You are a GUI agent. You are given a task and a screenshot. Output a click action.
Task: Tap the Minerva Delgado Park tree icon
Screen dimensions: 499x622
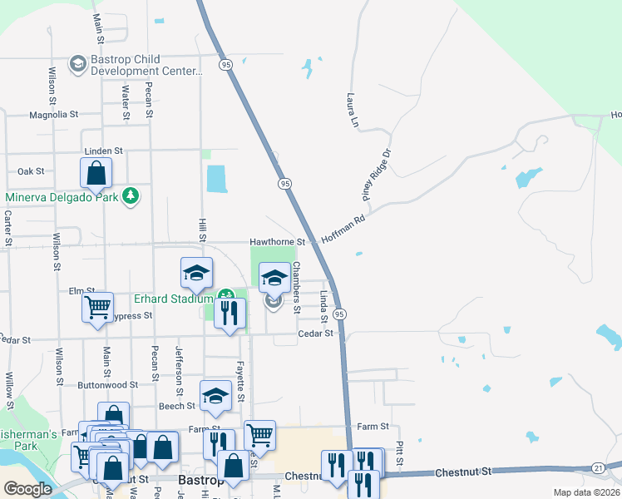pos(130,196)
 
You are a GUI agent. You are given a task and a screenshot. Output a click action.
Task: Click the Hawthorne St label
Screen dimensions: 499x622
pos(279,242)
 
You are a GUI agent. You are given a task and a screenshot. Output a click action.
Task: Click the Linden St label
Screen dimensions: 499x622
pos(103,151)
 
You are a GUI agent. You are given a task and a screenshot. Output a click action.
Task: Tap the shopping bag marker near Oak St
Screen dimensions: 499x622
pos(96,174)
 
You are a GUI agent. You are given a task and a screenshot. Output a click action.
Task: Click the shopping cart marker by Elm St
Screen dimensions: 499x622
pos(98,306)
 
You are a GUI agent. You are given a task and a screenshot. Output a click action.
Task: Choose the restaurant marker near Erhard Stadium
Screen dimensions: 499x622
pos(230,313)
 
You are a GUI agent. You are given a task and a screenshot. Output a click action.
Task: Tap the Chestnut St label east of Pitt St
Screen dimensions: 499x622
pos(462,472)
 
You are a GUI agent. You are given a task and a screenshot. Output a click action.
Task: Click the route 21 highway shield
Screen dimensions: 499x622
pos(598,467)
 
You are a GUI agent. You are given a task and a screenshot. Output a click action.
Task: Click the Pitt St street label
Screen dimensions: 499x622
pos(400,454)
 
